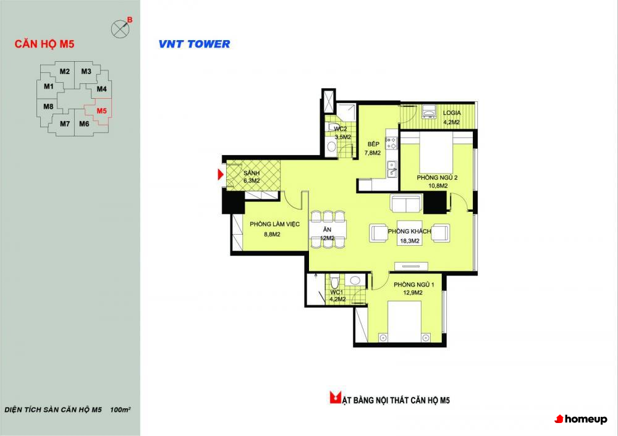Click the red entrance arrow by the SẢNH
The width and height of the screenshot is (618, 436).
coord(221,174)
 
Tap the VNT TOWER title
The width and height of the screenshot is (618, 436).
coord(194,44)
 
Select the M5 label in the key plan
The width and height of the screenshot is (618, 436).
coord(102,111)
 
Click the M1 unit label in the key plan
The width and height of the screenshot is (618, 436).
coord(48,86)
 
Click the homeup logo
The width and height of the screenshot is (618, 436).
coord(581,419)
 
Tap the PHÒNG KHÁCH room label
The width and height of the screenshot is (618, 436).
coord(409,231)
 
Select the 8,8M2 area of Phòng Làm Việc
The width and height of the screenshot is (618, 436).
coord(272,234)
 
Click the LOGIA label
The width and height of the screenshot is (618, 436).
coord(452,112)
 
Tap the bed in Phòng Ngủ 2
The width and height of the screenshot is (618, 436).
coord(436,152)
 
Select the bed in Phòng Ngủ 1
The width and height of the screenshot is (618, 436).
coord(404,321)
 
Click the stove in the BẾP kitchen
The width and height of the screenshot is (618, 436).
coord(391,143)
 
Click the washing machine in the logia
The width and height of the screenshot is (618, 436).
coord(429,111)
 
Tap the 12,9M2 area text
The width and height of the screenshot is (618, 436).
coord(413,293)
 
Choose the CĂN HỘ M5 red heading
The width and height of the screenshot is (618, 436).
coord(44,44)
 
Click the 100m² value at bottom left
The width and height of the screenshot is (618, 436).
coord(121,409)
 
